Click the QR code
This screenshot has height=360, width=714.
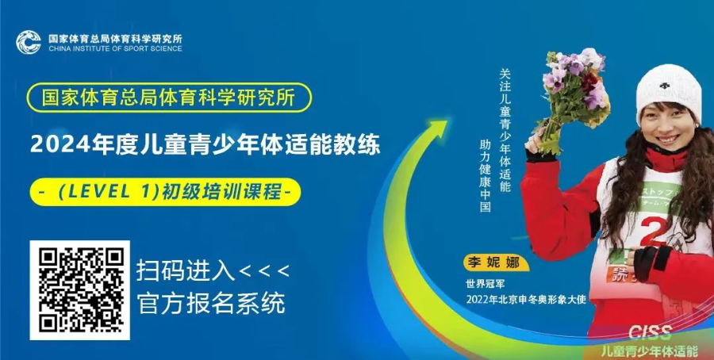pyautogui.click(x=79, y=290)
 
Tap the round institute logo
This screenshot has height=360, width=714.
pyautogui.click(x=29, y=42)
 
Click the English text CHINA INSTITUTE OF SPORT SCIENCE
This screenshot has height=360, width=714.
pyautogui.click(x=115, y=48)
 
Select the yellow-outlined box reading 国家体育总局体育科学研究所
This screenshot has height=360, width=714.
pyautogui.click(x=169, y=98)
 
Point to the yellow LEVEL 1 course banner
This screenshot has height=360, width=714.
pyautogui.click(x=165, y=192)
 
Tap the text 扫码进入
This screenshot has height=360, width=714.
pyautogui.click(x=186, y=272)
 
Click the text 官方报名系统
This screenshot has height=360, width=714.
pyautogui.click(x=211, y=303)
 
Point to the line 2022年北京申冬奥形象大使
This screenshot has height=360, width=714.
pyautogui.click(x=525, y=300)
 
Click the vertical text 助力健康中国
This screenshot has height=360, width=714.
pyautogui.click(x=485, y=176)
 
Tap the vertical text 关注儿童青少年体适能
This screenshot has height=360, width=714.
pyautogui.click(x=505, y=130)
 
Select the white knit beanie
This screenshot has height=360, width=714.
pyautogui.click(x=669, y=91)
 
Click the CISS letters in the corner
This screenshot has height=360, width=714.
pyautogui.click(x=650, y=333)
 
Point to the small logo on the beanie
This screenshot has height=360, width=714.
pyautogui.click(x=666, y=86)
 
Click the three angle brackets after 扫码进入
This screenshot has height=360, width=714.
pyautogui.click(x=264, y=272)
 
